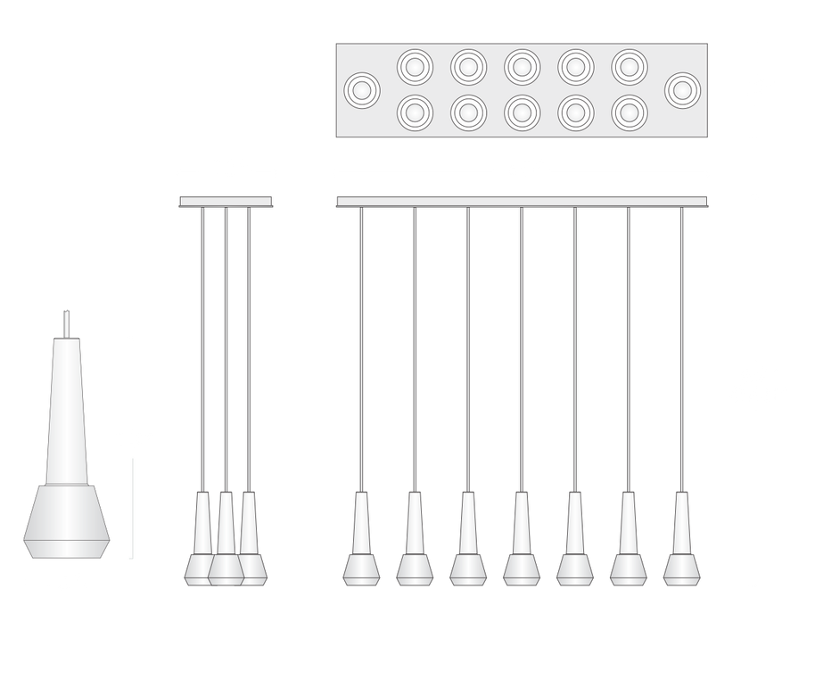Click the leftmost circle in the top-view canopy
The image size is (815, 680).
click(x=362, y=89)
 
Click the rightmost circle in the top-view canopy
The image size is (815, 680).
click(x=683, y=89)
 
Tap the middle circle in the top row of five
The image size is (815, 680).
click(x=523, y=66)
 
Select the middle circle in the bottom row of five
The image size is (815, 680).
click(x=523, y=112)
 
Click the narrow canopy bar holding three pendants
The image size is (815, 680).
click(x=227, y=202)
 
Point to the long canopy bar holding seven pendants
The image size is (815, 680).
click(x=523, y=202)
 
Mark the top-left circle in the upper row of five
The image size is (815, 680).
click(x=415, y=66)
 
